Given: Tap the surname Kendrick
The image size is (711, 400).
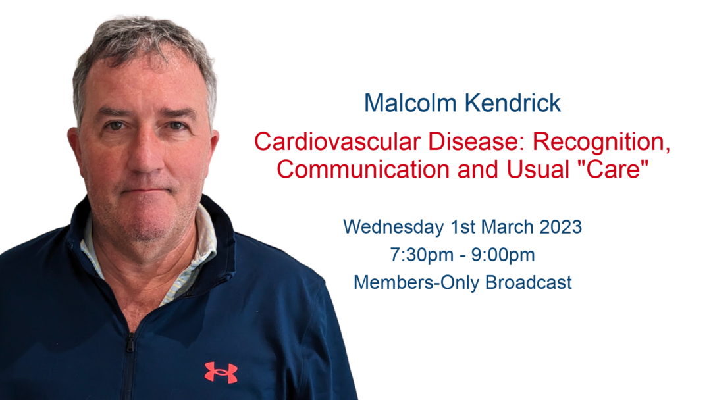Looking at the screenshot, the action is (513, 103).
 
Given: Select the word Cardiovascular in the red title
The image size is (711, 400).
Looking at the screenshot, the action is (337, 142).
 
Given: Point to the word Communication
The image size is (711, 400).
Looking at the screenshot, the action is (363, 170).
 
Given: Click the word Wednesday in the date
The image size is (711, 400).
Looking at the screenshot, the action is (393, 227).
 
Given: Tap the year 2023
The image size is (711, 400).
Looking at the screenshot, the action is (560, 226).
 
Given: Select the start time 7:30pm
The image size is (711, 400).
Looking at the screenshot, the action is (422, 255).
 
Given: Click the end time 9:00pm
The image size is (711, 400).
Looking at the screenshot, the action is (503, 255).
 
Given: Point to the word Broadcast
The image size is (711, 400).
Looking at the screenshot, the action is (528, 282).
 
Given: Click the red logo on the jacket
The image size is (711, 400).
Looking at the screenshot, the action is (221, 372).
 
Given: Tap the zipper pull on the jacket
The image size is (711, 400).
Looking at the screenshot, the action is (130, 343).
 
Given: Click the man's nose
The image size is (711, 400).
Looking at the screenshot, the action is (145, 154).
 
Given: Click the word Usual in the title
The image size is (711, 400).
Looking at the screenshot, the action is (538, 170).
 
